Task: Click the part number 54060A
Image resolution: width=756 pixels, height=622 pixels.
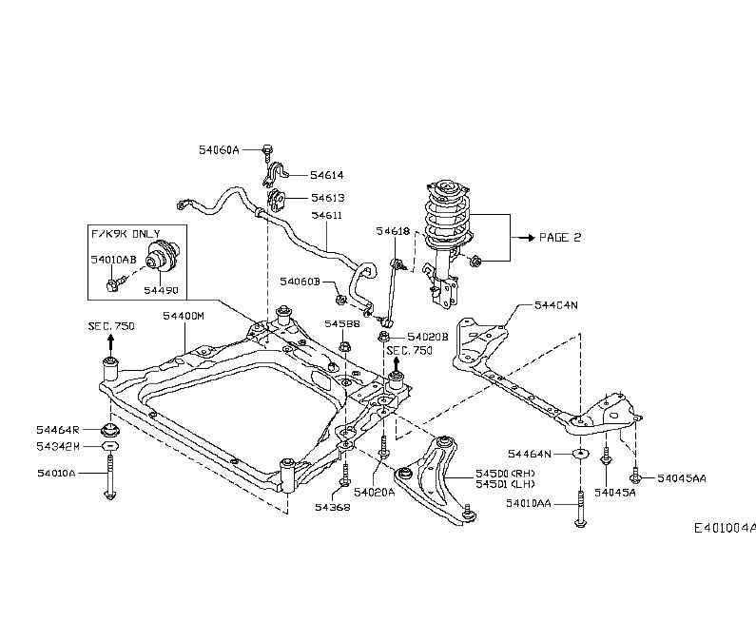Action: (220, 150)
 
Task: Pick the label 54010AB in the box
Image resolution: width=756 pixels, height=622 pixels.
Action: (113, 259)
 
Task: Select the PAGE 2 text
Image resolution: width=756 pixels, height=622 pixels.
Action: (559, 238)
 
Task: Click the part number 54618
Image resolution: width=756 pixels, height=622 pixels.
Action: (392, 231)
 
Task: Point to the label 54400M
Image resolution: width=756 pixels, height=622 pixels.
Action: (183, 315)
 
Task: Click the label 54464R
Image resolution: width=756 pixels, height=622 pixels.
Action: (59, 430)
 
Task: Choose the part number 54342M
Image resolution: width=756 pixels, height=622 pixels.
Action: (59, 446)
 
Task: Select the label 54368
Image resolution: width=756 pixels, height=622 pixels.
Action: (332, 508)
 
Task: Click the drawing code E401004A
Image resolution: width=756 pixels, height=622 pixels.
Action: (724, 528)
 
